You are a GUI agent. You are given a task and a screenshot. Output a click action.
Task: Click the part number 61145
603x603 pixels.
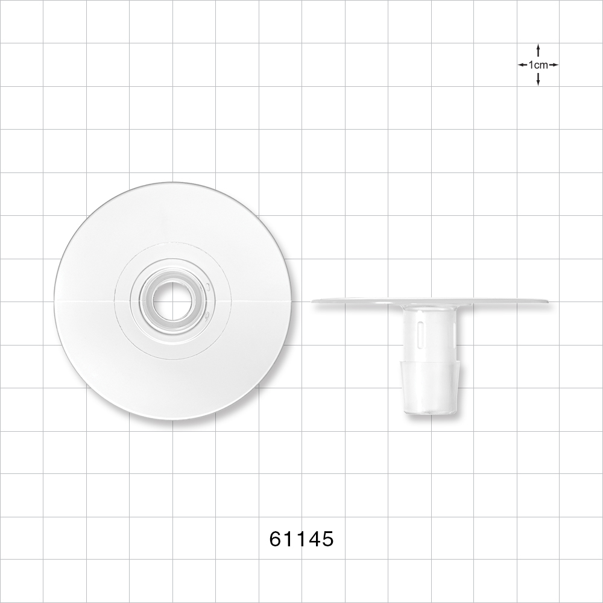click(301, 538)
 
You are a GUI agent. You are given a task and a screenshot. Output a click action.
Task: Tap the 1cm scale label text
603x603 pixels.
click(538, 65)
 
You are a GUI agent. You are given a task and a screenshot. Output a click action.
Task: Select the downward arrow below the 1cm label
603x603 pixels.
click(538, 80)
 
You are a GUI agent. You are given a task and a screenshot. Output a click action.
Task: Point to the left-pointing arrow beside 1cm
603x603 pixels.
click(522, 65)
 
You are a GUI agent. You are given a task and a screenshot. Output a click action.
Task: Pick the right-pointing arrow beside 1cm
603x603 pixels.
click(554, 65)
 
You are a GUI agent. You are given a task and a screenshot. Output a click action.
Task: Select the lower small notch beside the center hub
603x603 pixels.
click(207, 314)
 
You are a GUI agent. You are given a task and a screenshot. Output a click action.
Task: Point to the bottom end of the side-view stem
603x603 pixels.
click(432, 413)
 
